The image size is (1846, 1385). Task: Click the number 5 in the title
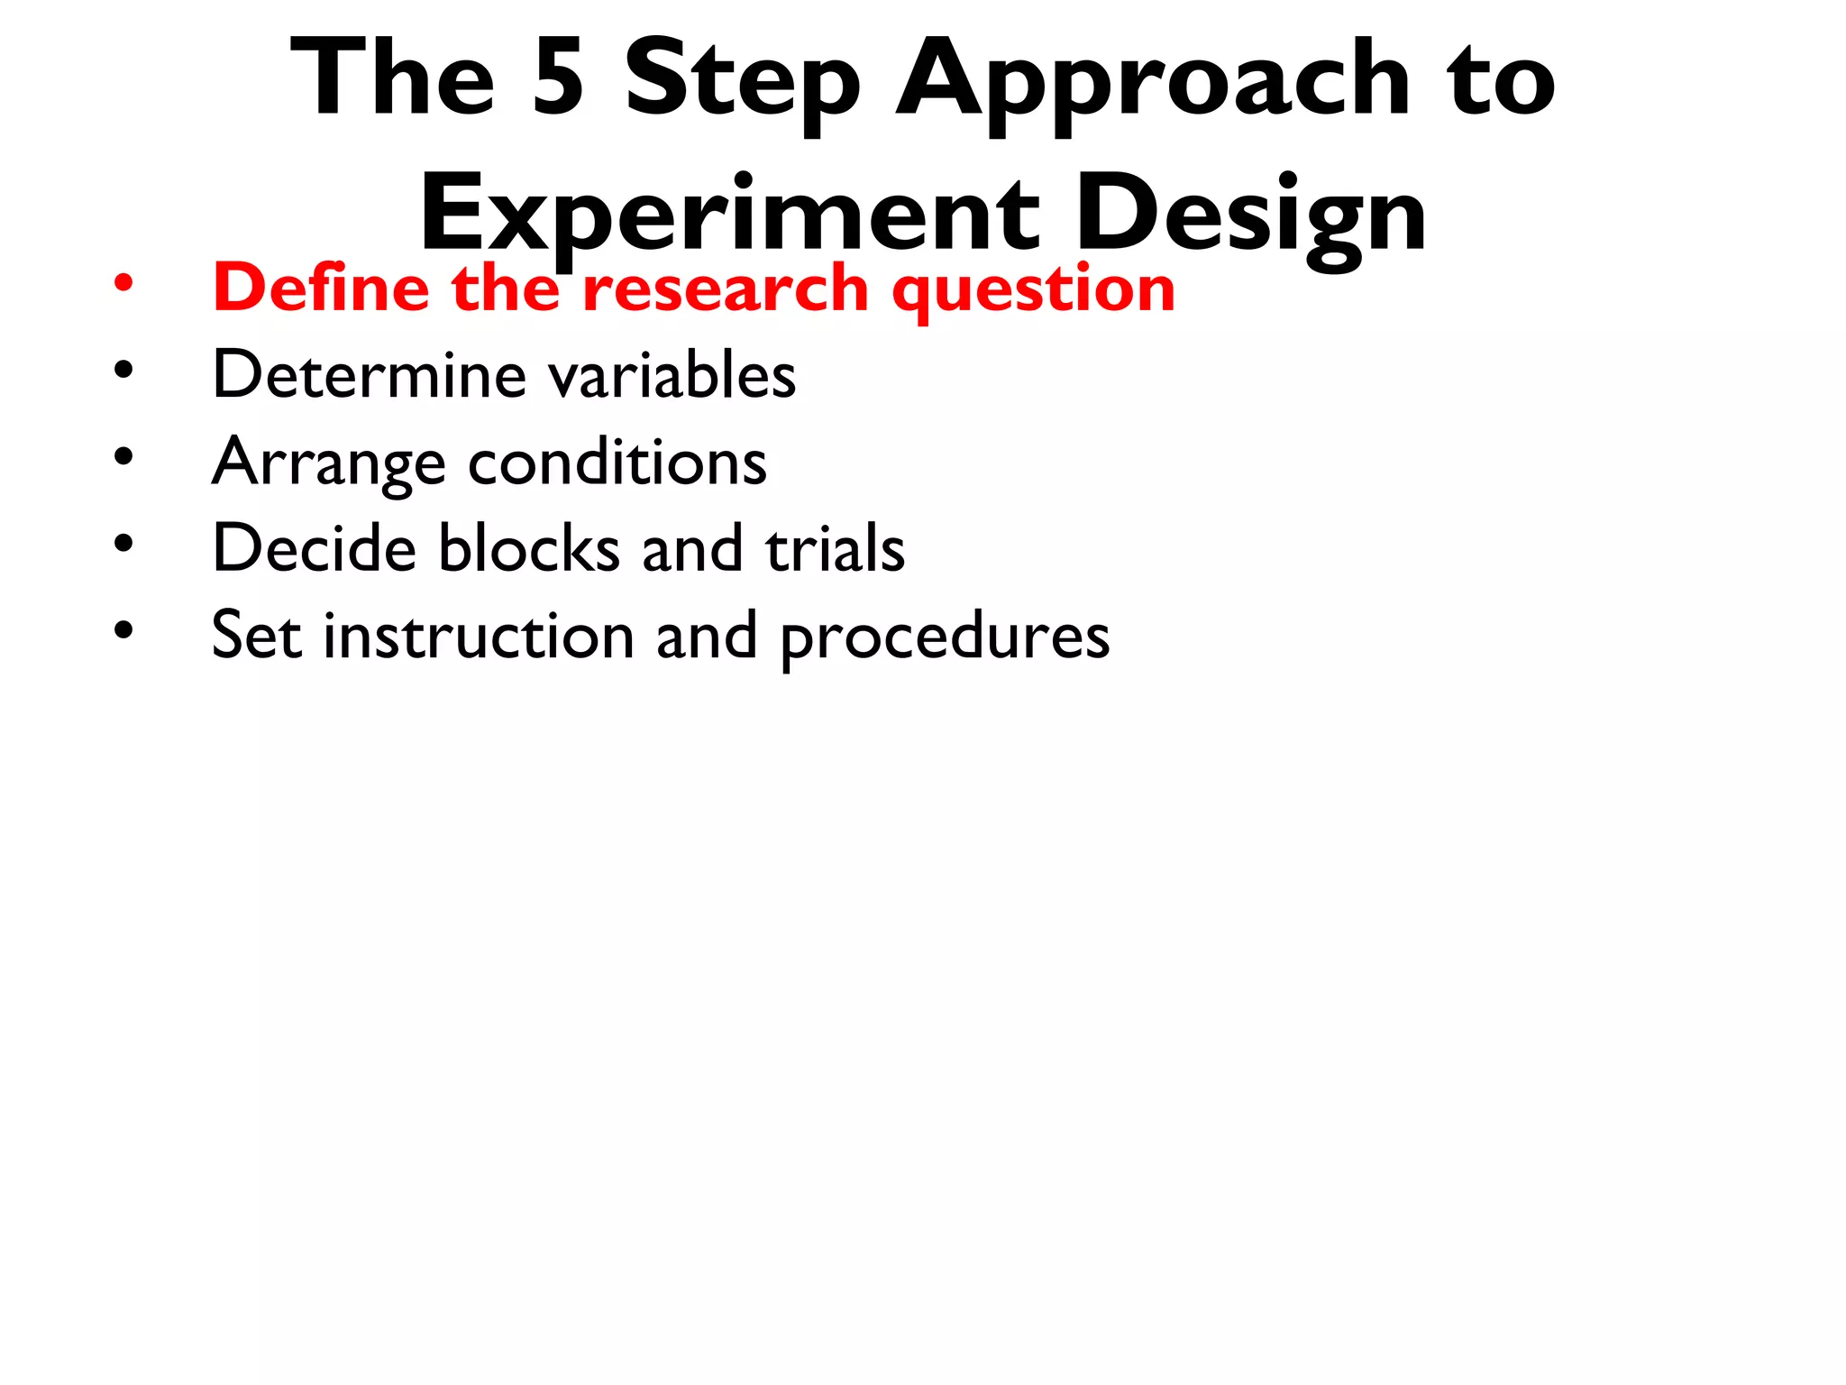(x=558, y=79)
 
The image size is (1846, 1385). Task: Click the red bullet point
(x=123, y=285)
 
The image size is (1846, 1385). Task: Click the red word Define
(x=321, y=288)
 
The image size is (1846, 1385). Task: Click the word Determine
(x=369, y=374)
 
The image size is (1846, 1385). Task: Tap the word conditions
(x=617, y=462)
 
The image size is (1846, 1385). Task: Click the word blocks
(x=529, y=548)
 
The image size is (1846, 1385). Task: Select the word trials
(x=835, y=548)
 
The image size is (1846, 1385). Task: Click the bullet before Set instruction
(x=123, y=630)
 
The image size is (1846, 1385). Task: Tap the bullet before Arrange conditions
(x=123, y=456)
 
